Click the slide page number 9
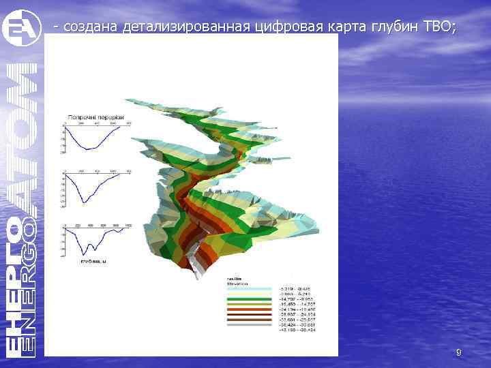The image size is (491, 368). coord(458,352)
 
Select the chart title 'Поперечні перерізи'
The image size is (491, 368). coord(95,117)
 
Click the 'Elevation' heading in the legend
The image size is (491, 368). coord(238,283)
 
